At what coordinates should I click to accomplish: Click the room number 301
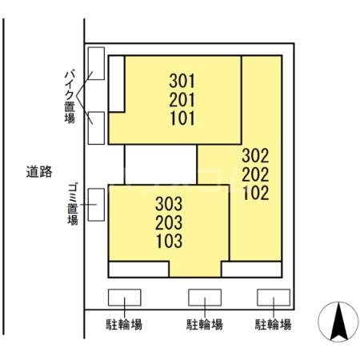[x=182, y=81]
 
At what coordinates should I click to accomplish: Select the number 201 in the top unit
[x=182, y=100]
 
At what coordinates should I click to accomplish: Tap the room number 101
[x=182, y=119]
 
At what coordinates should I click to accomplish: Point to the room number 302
[x=254, y=154]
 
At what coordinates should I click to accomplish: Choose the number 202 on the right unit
[x=254, y=174]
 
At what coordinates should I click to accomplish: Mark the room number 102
[x=254, y=193]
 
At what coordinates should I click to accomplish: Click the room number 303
[x=170, y=203]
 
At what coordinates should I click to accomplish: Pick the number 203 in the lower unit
[x=170, y=222]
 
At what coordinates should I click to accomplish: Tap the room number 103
[x=170, y=240]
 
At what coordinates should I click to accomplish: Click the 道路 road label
[x=38, y=170]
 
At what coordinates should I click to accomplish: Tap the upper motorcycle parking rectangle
[x=96, y=63]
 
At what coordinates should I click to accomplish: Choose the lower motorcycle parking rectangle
[x=96, y=128]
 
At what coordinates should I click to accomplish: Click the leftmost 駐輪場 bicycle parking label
[x=125, y=325]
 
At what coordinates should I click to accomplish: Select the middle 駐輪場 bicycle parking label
[x=205, y=325]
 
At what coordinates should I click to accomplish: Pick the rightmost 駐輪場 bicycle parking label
[x=273, y=325]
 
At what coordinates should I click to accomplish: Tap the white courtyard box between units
[x=161, y=165]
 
